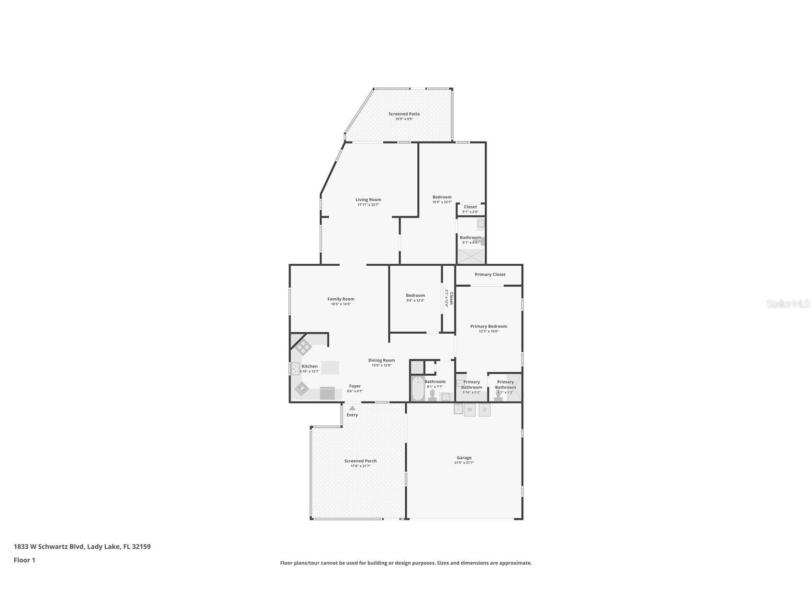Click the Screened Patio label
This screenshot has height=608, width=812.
pyautogui.click(x=404, y=114)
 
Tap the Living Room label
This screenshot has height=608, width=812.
pyautogui.click(x=368, y=200)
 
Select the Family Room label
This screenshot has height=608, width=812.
pyautogui.click(x=341, y=299)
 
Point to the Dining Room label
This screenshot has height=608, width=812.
pyautogui.click(x=381, y=360)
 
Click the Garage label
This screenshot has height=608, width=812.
pyautogui.click(x=464, y=458)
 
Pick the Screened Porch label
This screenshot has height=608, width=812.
pyautogui.click(x=360, y=461)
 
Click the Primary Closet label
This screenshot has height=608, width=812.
pyautogui.click(x=490, y=274)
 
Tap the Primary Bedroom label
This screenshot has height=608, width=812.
pyautogui.click(x=489, y=326)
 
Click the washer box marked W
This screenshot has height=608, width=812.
pyautogui.click(x=469, y=410)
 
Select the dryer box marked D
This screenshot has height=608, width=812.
pyautogui.click(x=485, y=410)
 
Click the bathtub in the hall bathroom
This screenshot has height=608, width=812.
pyautogui.click(x=417, y=389)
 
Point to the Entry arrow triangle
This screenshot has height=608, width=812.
pyautogui.click(x=352, y=408)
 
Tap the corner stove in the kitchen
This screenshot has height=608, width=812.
pyautogui.click(x=303, y=346)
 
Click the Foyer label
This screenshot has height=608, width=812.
pyautogui.click(x=355, y=386)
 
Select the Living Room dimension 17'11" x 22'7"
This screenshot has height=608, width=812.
pyautogui.click(x=368, y=205)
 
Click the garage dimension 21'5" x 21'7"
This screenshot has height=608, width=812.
pyautogui.click(x=464, y=463)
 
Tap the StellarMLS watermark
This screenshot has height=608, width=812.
pyautogui.click(x=788, y=304)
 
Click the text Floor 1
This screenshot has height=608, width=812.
pyautogui.click(x=24, y=560)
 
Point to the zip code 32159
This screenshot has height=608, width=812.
pyautogui.click(x=141, y=546)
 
